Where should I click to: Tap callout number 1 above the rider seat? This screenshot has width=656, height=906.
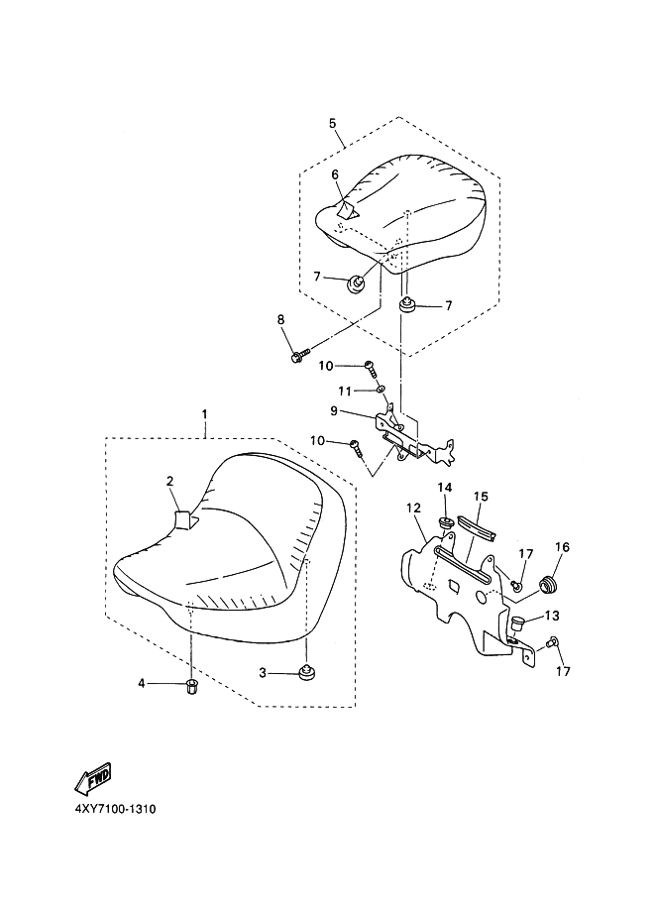204,412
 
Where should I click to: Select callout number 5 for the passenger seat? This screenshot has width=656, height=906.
333,124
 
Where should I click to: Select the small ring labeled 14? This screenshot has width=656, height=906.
444,520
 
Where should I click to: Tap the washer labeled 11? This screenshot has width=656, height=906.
382,404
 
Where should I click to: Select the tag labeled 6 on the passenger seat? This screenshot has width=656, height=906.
346,209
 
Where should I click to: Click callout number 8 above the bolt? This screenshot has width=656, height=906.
280,319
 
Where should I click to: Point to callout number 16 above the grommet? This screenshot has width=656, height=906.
562,547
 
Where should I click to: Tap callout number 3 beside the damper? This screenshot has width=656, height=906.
264,673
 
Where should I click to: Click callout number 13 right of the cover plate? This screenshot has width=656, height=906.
552,616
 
